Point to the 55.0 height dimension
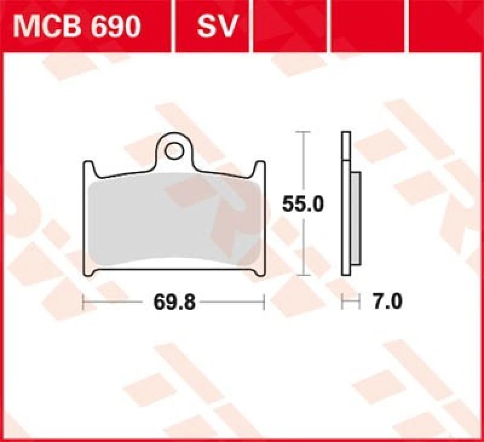click(x=303, y=205)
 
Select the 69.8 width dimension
click(x=174, y=302)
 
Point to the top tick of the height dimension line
click(x=303, y=131)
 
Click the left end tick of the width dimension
click(x=83, y=302)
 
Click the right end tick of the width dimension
click(x=264, y=302)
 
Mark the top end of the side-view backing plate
click(x=345, y=134)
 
